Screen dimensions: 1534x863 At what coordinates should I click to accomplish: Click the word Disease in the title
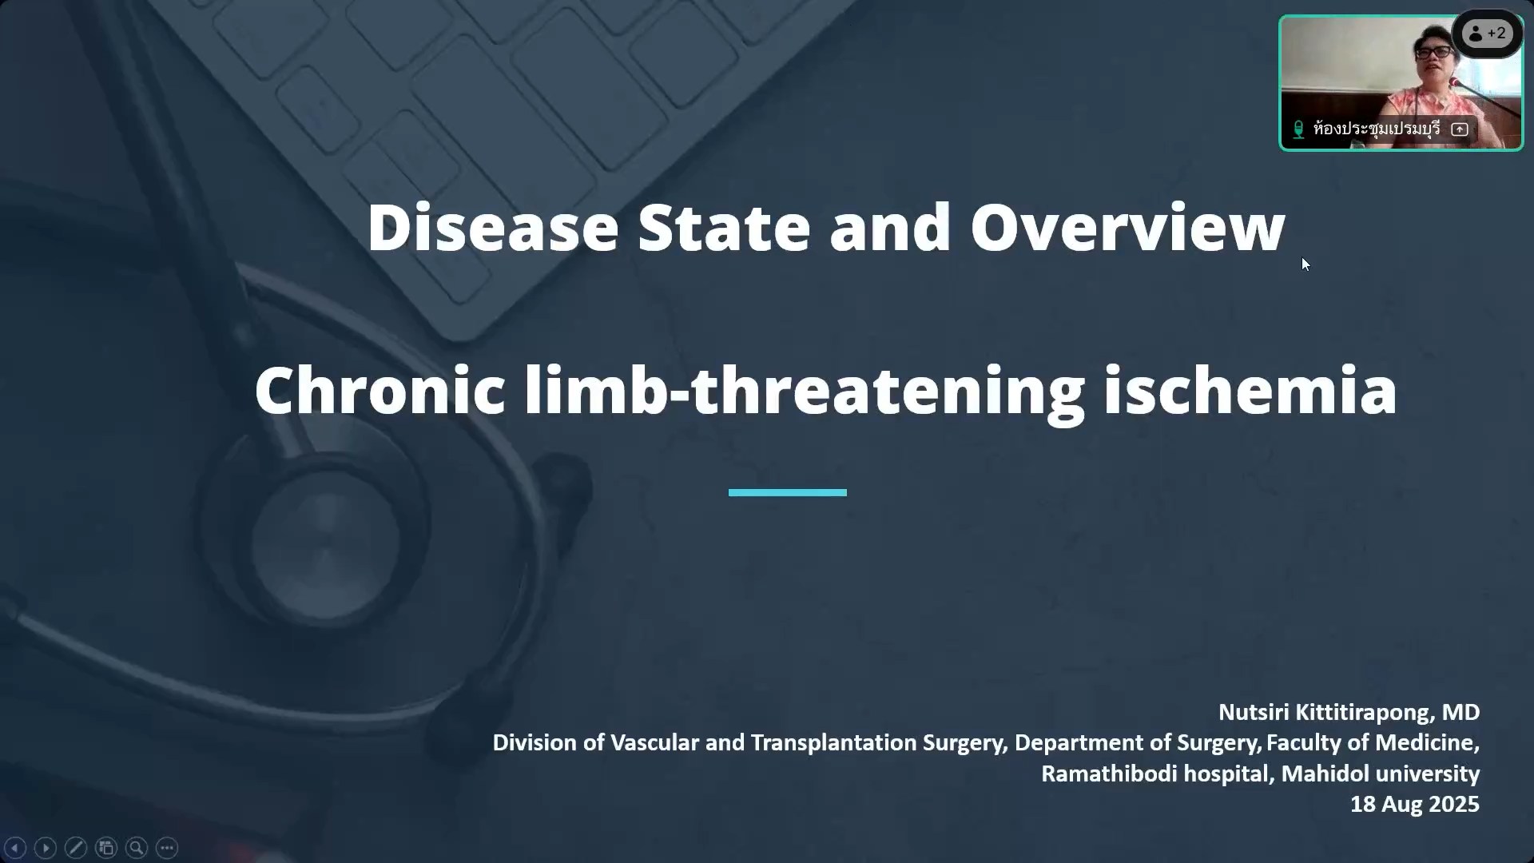click(493, 228)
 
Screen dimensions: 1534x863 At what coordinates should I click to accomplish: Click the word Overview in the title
click(1127, 228)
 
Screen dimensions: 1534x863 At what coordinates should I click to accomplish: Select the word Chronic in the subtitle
click(380, 391)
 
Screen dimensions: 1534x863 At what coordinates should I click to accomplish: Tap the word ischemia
click(1250, 391)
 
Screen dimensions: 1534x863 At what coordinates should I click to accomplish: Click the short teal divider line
click(788, 493)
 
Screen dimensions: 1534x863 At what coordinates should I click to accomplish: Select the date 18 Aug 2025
click(1415, 804)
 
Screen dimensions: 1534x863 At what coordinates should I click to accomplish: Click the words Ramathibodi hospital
click(1157, 774)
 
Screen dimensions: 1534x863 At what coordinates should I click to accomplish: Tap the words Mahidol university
click(1381, 774)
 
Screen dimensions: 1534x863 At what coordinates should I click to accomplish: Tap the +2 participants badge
click(1487, 34)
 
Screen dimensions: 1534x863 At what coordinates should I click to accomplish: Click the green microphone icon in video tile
click(1298, 129)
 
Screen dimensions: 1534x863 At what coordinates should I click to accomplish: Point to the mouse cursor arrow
click(1305, 264)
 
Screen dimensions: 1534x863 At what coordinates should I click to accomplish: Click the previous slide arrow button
click(15, 848)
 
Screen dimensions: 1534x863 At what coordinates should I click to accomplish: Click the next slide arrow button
click(46, 848)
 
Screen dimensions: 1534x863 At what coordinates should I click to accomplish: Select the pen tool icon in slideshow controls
click(76, 848)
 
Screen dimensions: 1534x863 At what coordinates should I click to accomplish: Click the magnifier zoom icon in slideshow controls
click(137, 848)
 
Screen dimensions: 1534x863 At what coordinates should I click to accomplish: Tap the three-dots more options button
click(167, 848)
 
